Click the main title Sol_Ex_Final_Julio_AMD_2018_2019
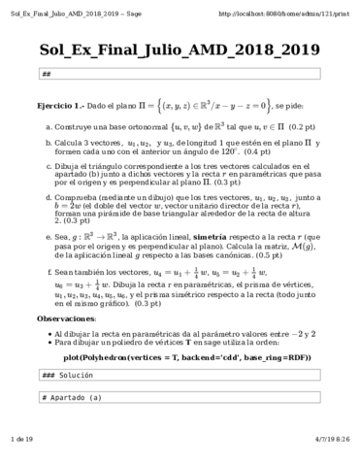tap(180, 51)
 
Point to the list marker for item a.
tap(49, 126)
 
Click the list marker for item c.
tap(49, 167)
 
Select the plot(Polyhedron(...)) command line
tap(180, 357)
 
